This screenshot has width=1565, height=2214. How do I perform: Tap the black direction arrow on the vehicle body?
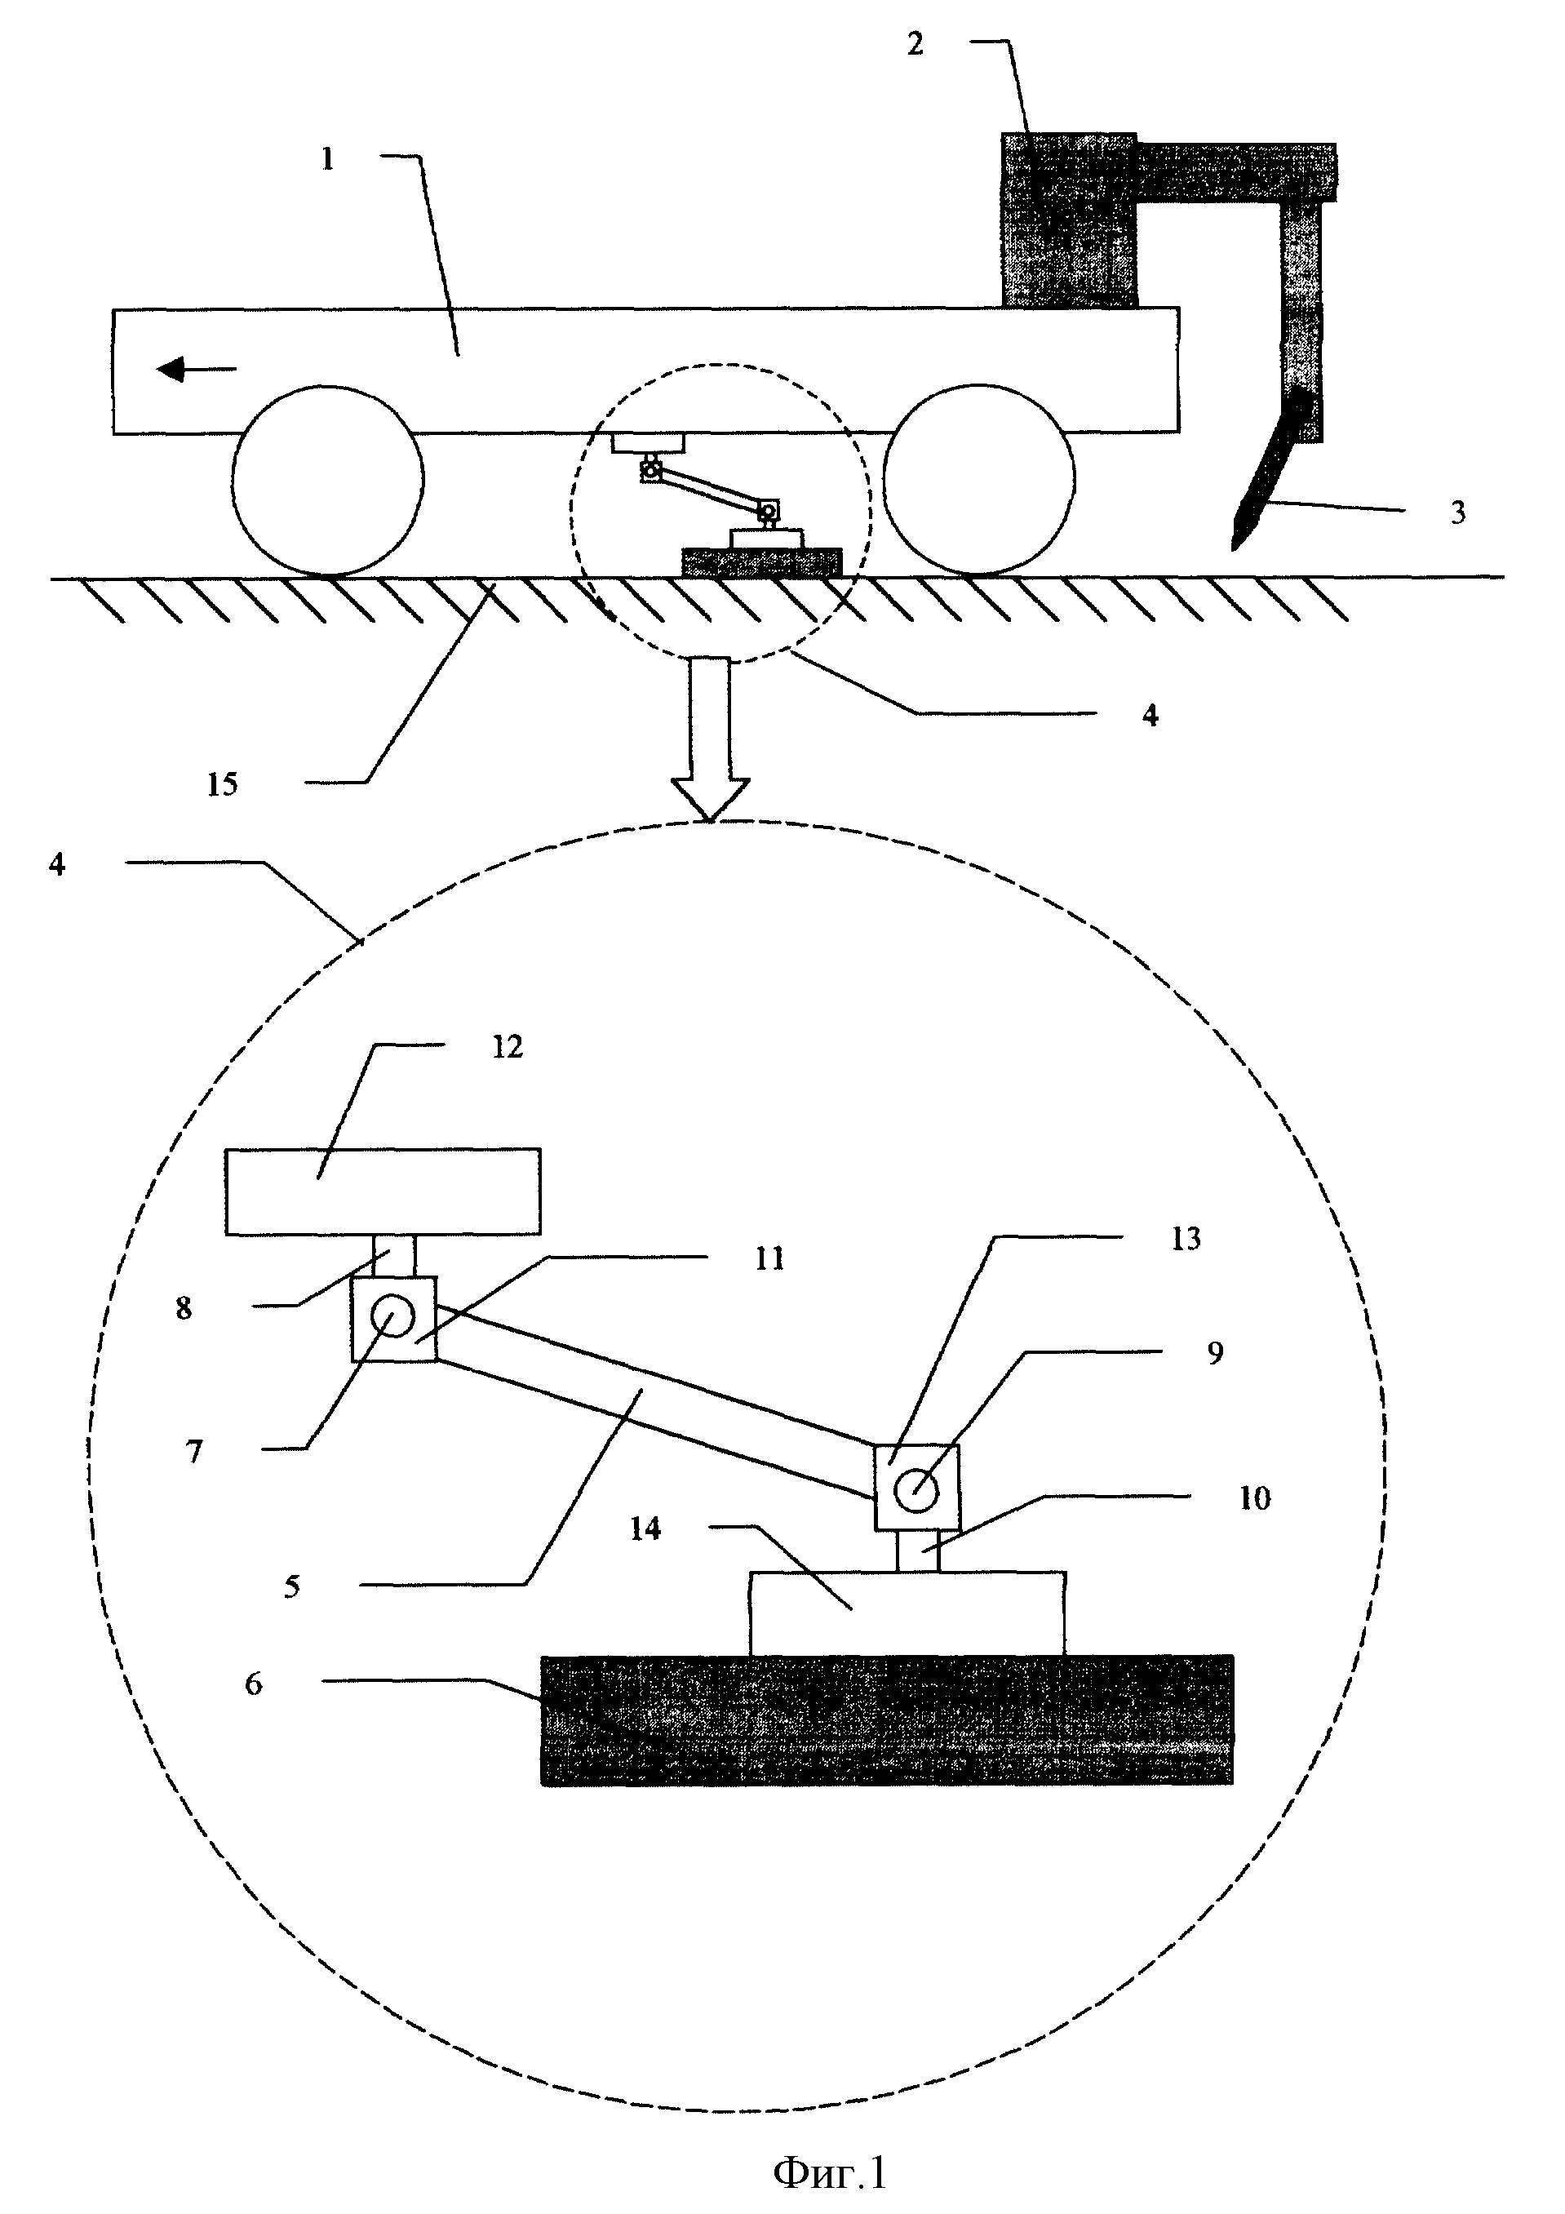point(197,368)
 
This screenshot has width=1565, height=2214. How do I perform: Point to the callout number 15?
point(222,785)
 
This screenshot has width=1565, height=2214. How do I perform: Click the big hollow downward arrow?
point(711,739)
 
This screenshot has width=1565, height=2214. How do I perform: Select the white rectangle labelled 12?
point(383,1191)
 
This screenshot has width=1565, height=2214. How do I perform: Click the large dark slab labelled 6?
point(887,1720)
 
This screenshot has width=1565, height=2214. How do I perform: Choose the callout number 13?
point(1186,1239)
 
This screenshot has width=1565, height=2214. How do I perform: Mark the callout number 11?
point(769,1258)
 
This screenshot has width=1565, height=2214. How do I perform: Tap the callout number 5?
point(292,1587)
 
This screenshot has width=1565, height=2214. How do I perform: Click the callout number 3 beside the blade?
point(1458,513)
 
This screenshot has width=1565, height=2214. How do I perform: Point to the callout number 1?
point(328,159)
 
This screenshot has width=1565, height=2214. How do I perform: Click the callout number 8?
point(184,1308)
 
